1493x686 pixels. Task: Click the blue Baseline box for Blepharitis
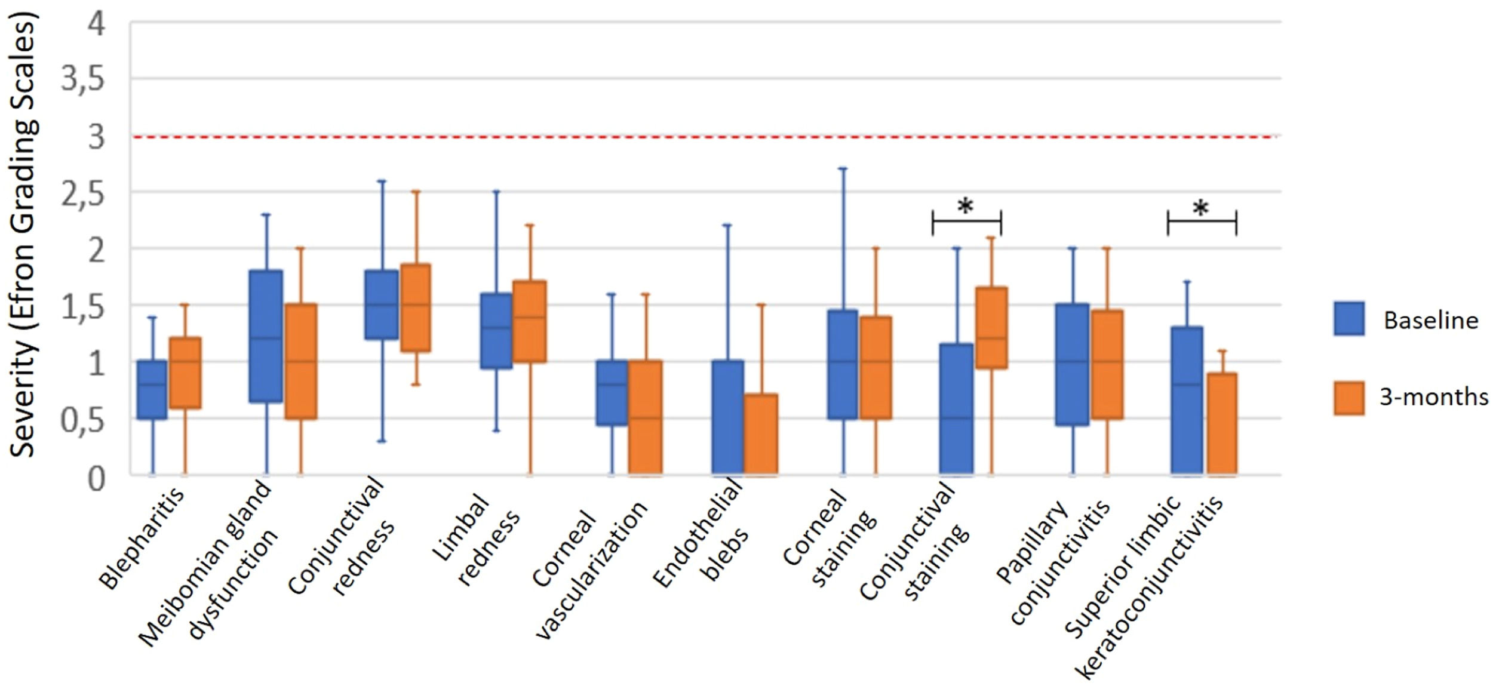(x=152, y=389)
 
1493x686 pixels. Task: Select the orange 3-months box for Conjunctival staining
(x=991, y=328)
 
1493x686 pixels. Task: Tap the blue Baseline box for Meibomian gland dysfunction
(x=266, y=336)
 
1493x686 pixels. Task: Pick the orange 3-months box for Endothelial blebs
(x=761, y=434)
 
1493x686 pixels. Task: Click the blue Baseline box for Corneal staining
(x=843, y=364)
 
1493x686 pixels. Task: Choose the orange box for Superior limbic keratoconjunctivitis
(x=1222, y=424)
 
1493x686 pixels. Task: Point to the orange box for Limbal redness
(x=530, y=321)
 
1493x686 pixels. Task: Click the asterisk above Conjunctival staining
(x=966, y=207)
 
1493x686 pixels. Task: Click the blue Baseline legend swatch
(x=1348, y=318)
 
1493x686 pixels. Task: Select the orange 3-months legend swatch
(x=1348, y=398)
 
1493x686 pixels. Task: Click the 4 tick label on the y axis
(x=96, y=25)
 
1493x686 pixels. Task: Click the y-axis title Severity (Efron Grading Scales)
(x=24, y=236)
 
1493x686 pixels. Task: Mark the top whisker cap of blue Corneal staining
(x=843, y=169)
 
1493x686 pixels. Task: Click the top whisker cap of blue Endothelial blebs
(x=727, y=226)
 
